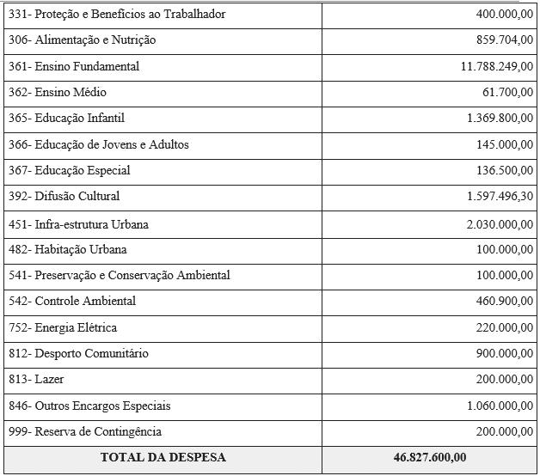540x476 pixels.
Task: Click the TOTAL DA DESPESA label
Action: (163, 457)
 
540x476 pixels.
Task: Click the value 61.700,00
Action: (507, 92)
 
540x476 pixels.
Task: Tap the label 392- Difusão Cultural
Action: (64, 196)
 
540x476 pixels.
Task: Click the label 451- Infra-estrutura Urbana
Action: (78, 224)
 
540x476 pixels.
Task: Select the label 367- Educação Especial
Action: (69, 170)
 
